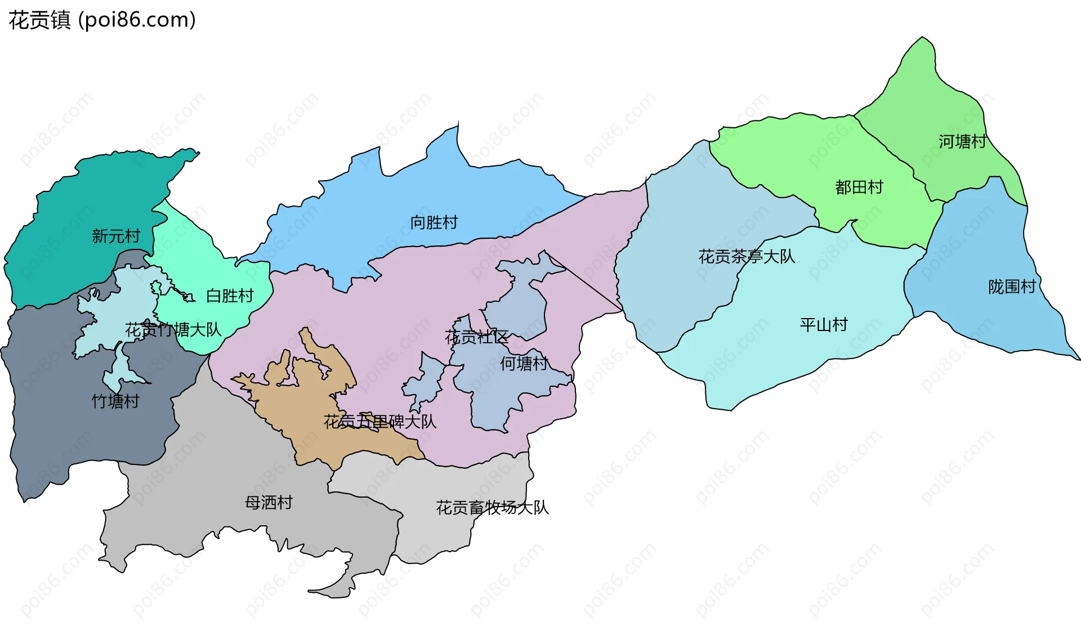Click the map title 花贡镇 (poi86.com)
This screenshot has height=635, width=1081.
coord(102,20)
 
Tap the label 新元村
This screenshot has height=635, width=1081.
coord(116,236)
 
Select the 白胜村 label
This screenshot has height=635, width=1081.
coord(230,296)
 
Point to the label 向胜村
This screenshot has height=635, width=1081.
coord(434,222)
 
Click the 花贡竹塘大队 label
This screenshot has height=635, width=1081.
coord(173,330)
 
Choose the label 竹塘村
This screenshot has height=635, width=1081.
coord(115,401)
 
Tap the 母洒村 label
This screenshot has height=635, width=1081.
coord(269,502)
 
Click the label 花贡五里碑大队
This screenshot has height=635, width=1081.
coord(380,422)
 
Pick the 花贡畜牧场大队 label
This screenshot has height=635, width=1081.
coord(492,508)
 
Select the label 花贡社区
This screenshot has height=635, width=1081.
coord(476,337)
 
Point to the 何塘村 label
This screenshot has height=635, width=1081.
coord(524,364)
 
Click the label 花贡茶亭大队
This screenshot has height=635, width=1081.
coord(747,257)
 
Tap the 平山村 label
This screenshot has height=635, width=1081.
coord(824,325)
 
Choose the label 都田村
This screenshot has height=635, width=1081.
coord(859,187)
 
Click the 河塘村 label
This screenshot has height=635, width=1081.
coord(962,141)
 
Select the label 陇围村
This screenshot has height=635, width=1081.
coord(1012,287)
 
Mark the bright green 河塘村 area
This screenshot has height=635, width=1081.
coord(935,101)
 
